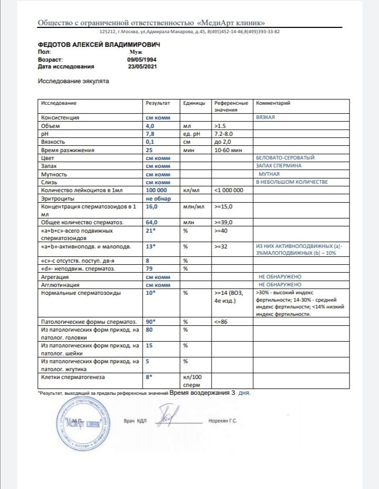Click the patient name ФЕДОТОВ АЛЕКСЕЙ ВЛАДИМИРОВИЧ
pyautogui.click(x=99, y=45)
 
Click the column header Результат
pyautogui.click(x=158, y=103)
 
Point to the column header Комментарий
pyautogui.click(x=273, y=103)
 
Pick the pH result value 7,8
pyautogui.click(x=150, y=134)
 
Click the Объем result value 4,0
pyautogui.click(x=150, y=126)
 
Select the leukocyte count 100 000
pyautogui.click(x=157, y=189)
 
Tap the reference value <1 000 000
pyautogui.click(x=228, y=189)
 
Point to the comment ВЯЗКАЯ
pyautogui.click(x=265, y=117)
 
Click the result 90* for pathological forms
pyautogui.click(x=152, y=321)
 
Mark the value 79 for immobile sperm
pyautogui.click(x=149, y=269)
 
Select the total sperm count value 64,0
pyautogui.click(x=153, y=223)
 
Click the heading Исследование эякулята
pyautogui.click(x=74, y=82)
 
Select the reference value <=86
pyautogui.click(x=221, y=321)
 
